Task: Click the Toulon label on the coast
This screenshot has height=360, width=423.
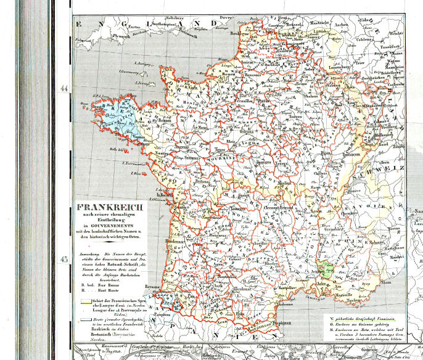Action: point(353,301)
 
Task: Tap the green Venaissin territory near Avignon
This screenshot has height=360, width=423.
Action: point(331,267)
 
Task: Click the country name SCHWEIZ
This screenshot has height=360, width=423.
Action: point(388,168)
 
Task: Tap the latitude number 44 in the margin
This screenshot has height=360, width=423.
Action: point(64,88)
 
